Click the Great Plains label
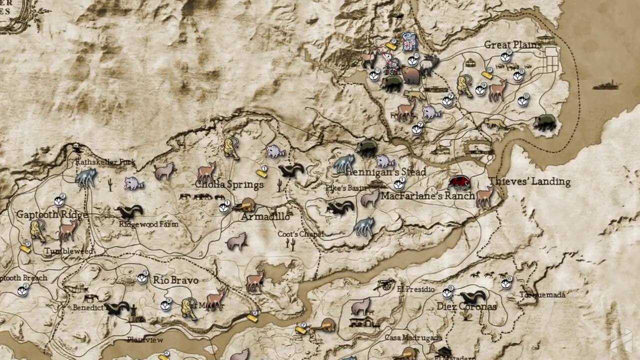point(512,44)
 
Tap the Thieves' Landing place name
point(529,181)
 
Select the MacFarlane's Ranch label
point(427,196)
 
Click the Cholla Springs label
point(229,184)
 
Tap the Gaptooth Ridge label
point(52,214)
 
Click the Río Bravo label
point(175,280)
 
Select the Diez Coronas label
point(466,306)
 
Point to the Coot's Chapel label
point(300,234)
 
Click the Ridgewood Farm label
point(148,224)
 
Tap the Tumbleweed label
point(68,251)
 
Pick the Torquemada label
point(542,295)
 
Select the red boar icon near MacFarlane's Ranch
point(459,182)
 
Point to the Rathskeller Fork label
point(105,162)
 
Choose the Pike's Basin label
point(352,188)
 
